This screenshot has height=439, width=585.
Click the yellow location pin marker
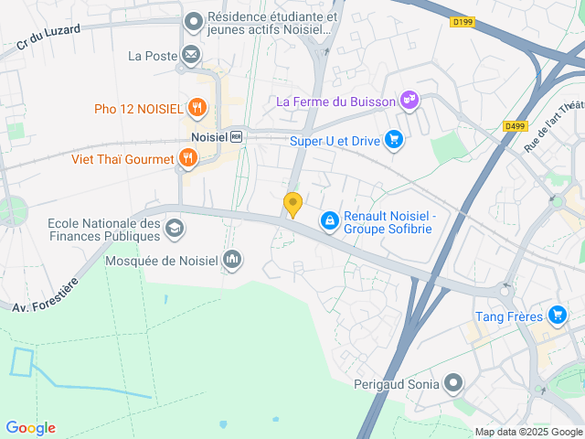click(x=292, y=205)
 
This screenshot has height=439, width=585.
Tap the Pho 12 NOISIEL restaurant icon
click(x=197, y=109)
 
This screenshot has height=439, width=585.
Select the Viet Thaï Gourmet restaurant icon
click(x=187, y=159)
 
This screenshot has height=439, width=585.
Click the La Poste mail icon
click(x=191, y=56)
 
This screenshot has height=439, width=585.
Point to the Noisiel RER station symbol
click(x=236, y=136)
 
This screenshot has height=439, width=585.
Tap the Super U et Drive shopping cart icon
click(x=394, y=140)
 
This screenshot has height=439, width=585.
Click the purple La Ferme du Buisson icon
click(x=409, y=101)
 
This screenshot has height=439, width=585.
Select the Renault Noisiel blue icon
click(x=329, y=220)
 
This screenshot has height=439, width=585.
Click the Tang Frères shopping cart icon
click(x=557, y=316)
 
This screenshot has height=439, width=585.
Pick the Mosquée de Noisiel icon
click(x=232, y=261)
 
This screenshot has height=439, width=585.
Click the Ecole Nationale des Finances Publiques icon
click(x=175, y=228)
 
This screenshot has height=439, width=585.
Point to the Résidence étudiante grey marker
click(x=194, y=21)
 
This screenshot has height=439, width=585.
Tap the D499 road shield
click(x=515, y=127)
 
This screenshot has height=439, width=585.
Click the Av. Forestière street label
click(x=46, y=294)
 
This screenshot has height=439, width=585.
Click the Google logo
click(x=30, y=428)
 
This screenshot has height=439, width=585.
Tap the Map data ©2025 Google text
click(x=527, y=432)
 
